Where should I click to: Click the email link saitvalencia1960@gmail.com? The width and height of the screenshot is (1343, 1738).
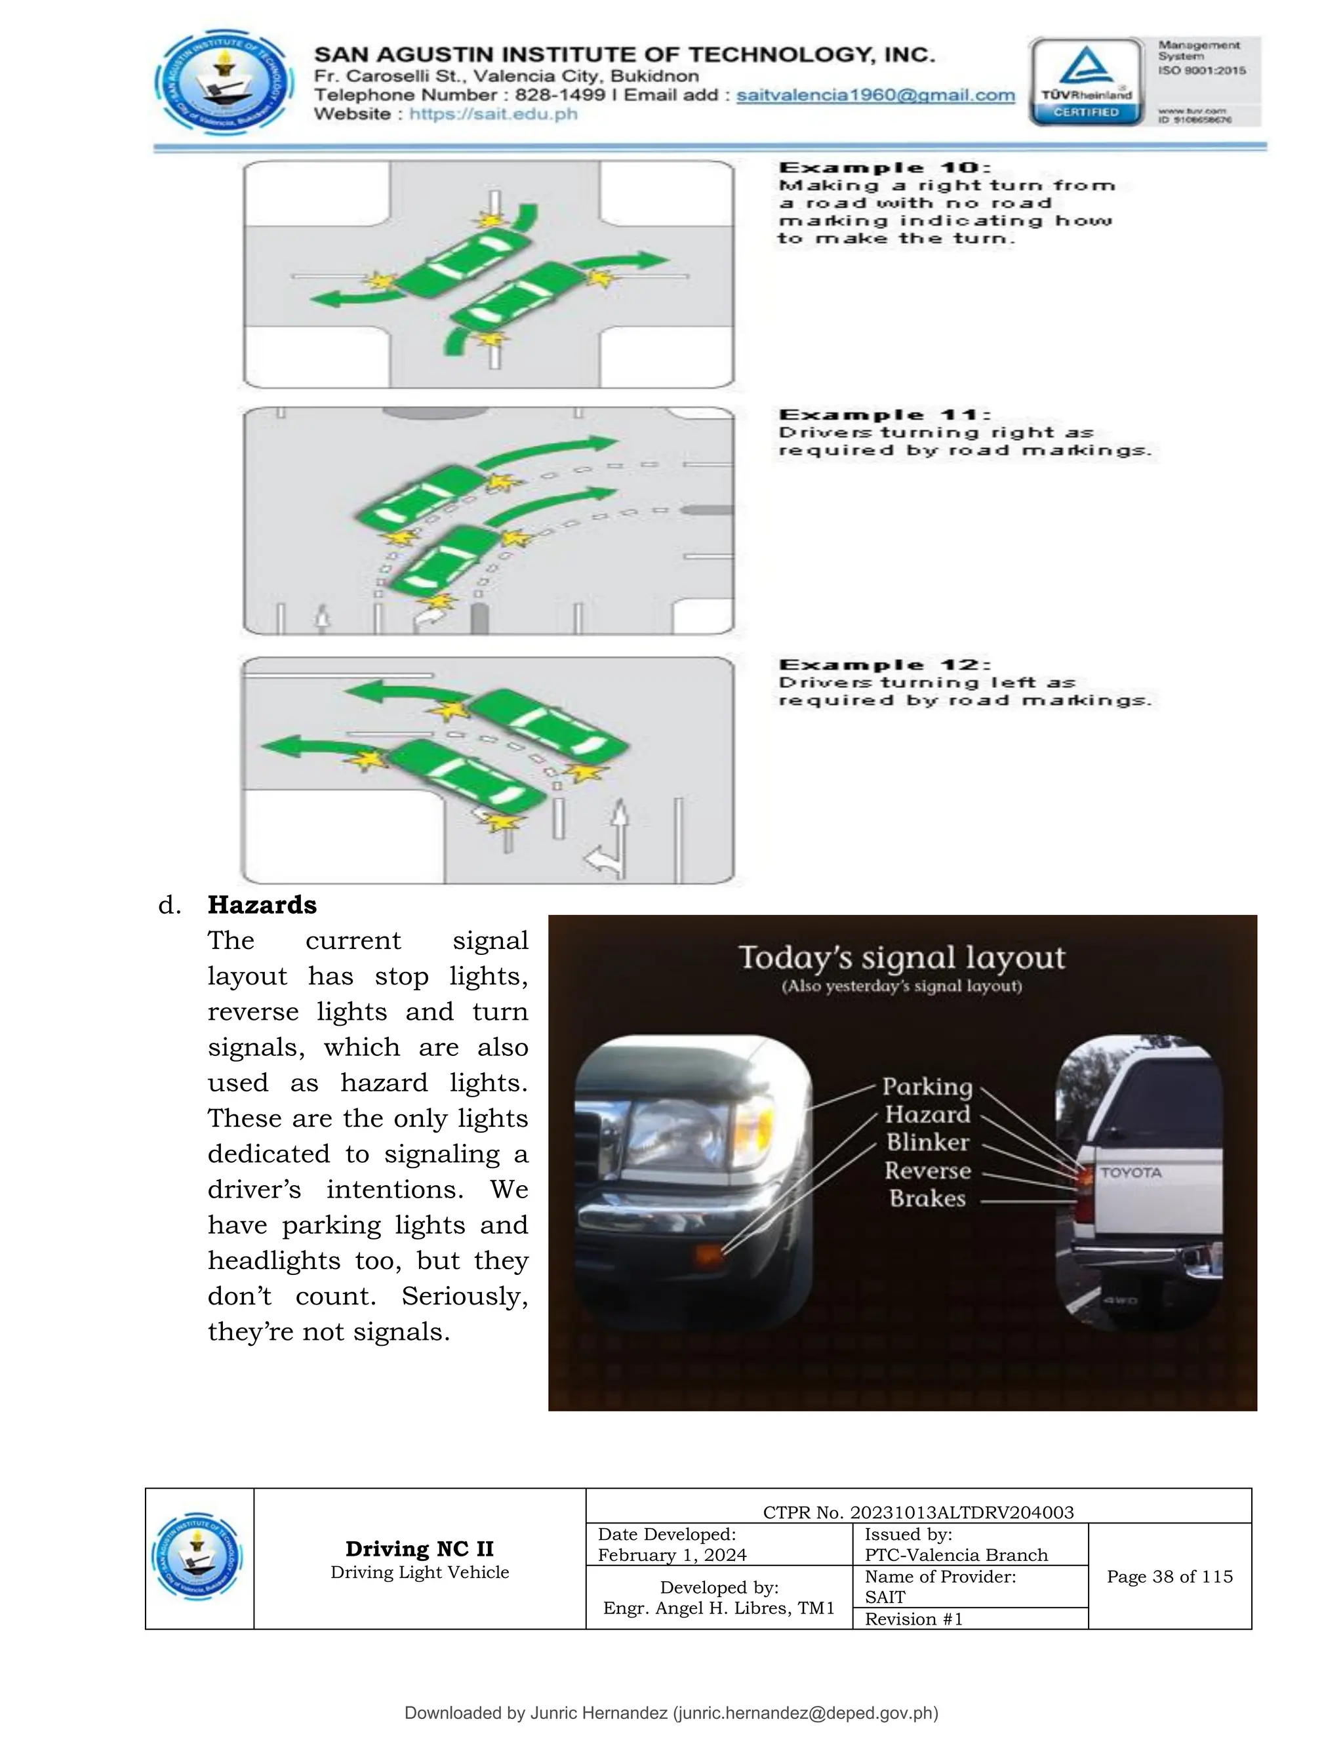tap(875, 96)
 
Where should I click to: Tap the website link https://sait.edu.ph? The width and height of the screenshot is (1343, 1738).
tap(493, 114)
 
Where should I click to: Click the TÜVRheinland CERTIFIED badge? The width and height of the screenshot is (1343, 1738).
tap(1086, 83)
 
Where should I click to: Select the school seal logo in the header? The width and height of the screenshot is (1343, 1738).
tap(224, 83)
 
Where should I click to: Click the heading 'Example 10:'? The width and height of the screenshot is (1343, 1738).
tap(885, 168)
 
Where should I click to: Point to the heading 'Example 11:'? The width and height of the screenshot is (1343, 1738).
tap(885, 414)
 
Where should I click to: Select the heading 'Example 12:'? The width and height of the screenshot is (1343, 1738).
tap(885, 664)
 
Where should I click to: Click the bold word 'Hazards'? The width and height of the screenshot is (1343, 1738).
tap(262, 905)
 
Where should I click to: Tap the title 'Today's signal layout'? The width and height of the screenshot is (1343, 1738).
tap(902, 958)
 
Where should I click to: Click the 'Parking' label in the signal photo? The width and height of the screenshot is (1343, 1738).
tap(927, 1086)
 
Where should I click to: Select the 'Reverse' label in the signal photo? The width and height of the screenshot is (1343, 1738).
tap(928, 1171)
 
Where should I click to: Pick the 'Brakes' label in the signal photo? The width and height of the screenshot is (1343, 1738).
tap(928, 1198)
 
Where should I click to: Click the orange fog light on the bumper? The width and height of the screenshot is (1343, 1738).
tap(708, 1255)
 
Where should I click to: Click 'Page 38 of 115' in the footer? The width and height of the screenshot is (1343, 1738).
tap(1169, 1577)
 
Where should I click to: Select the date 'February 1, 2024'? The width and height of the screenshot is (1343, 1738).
tap(671, 1555)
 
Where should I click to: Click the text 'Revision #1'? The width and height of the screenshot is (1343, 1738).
tap(913, 1619)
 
